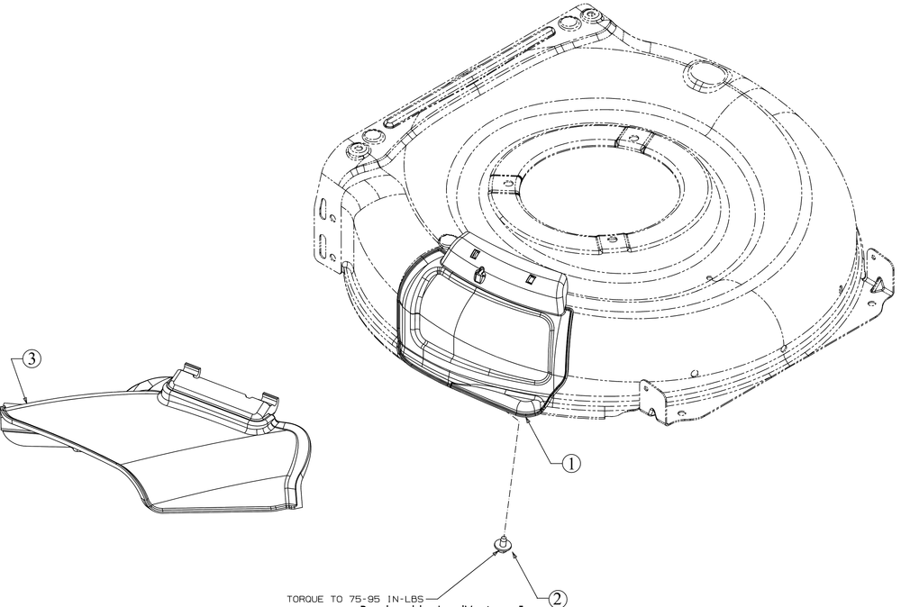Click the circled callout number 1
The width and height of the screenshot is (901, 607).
571,463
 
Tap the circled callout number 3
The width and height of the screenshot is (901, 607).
31,359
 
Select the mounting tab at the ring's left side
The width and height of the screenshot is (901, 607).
504,182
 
